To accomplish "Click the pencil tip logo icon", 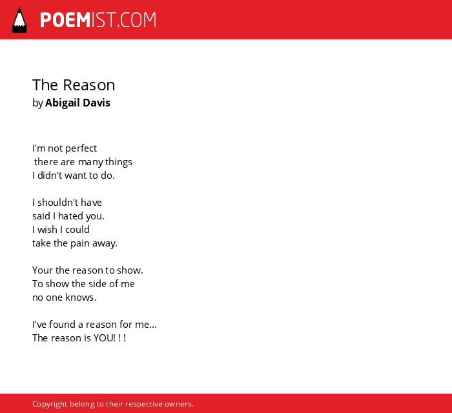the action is pyautogui.click(x=19, y=20).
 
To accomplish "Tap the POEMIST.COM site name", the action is pyautogui.click(x=98, y=20).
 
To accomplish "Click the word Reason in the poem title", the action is pyautogui.click(x=89, y=85).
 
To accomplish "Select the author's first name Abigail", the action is pyautogui.click(x=61, y=103).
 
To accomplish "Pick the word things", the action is pyautogui.click(x=118, y=162).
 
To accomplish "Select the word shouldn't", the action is pyautogui.click(x=54, y=202).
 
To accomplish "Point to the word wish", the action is pyautogui.click(x=47, y=229).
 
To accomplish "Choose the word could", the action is pyautogui.click(x=77, y=229).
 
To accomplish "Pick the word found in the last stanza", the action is pyautogui.click(x=62, y=325).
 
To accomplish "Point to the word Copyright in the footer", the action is pyautogui.click(x=50, y=404).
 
